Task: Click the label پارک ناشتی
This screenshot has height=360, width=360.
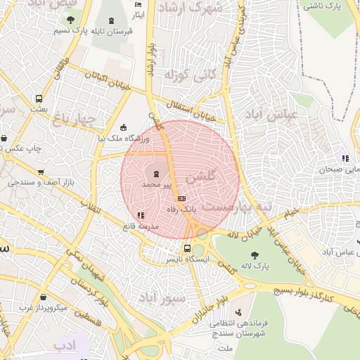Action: tap(324, 6)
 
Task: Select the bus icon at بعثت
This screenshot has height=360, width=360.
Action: tap(39, 98)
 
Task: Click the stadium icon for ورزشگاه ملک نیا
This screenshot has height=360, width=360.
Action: tap(124, 127)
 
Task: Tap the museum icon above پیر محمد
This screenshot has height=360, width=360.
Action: tap(155, 174)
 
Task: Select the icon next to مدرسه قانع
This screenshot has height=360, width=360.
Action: tap(141, 215)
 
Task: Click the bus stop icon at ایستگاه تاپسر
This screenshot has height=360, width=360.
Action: tap(187, 248)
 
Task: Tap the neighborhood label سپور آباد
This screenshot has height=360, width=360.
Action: tap(161, 296)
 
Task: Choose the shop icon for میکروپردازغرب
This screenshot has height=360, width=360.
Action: tap(44, 297)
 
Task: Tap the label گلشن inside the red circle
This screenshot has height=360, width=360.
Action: tap(211, 174)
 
